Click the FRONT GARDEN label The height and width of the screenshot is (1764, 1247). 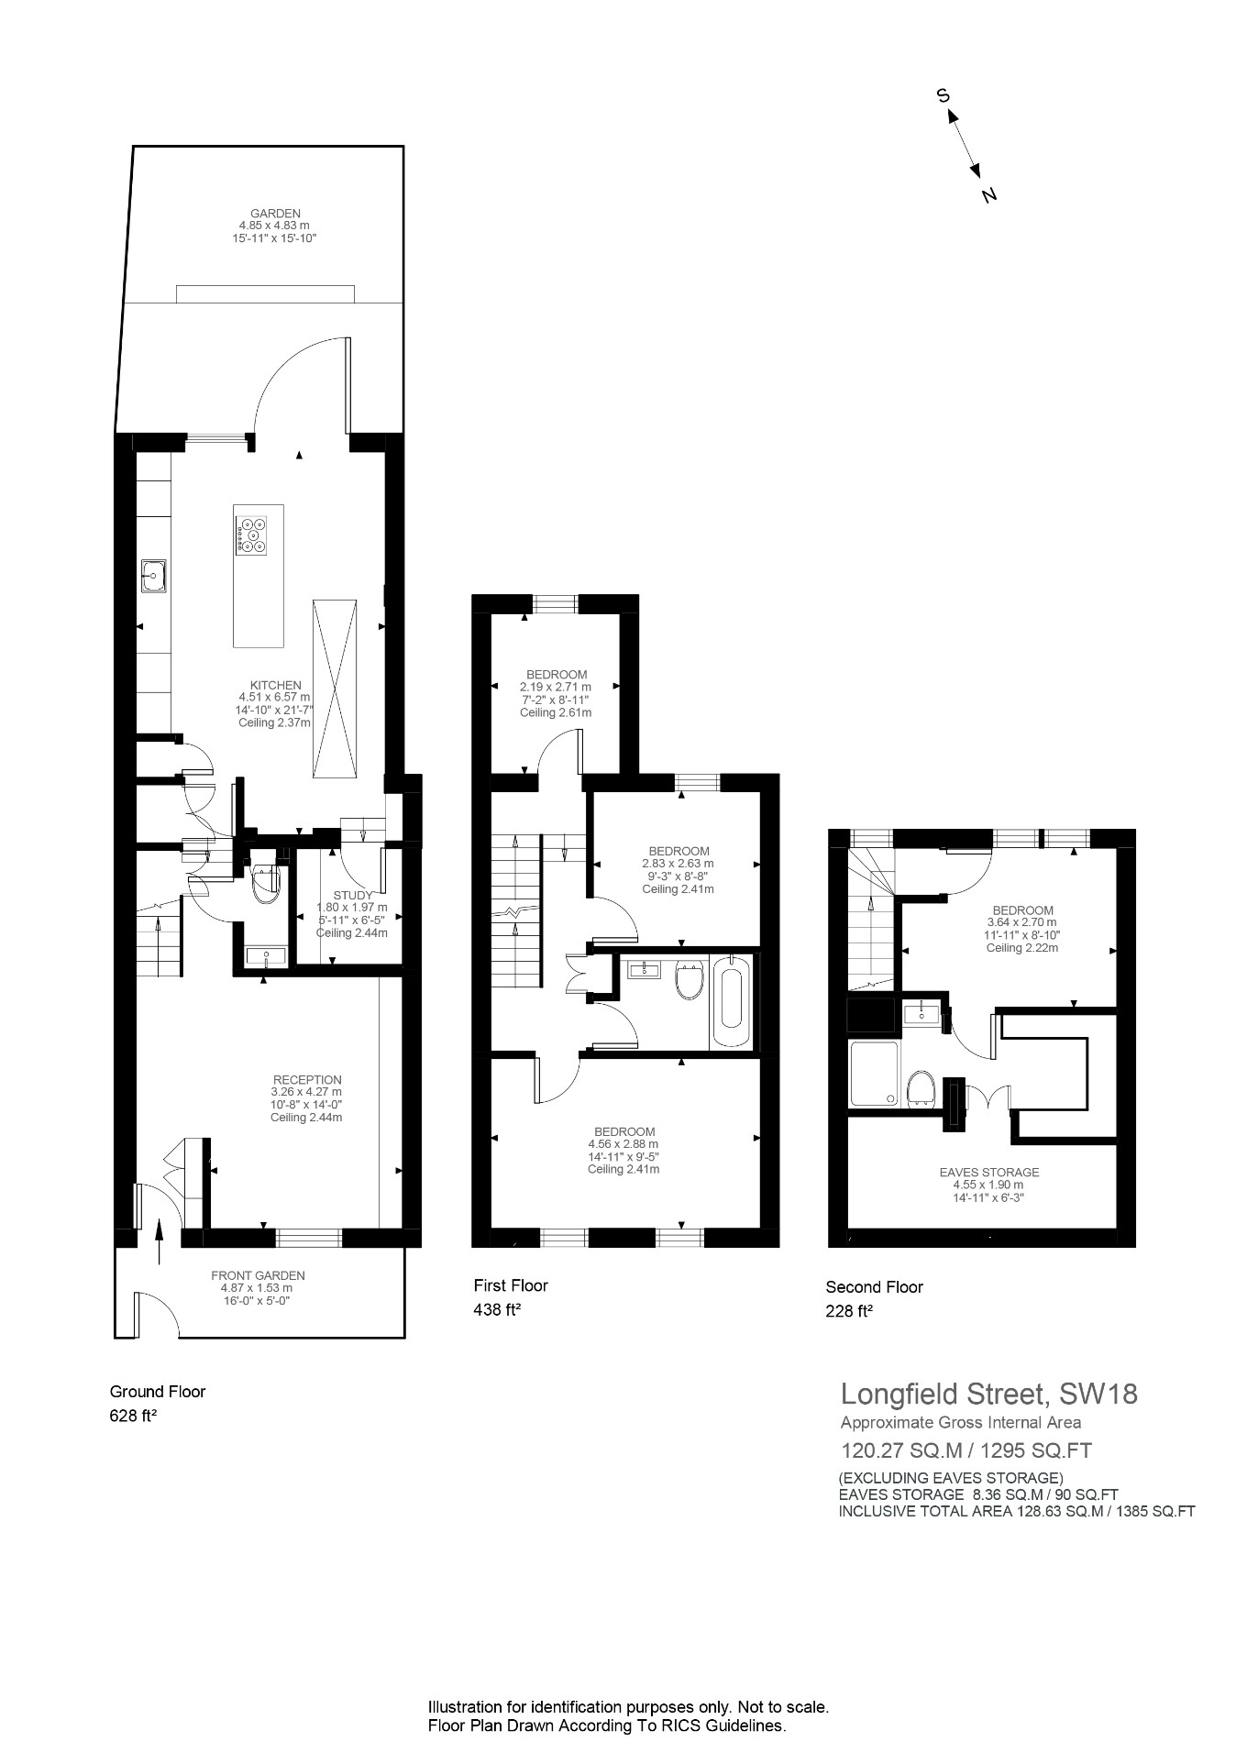point(258,1275)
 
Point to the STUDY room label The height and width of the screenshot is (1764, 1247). point(352,896)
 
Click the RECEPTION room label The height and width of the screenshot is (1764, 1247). point(306,1080)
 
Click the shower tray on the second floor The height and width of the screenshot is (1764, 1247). point(875,1075)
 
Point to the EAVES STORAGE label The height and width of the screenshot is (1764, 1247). point(988,1172)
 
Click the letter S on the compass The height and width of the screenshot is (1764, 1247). point(942,95)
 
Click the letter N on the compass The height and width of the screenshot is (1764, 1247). point(988,195)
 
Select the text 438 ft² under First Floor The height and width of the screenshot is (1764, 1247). point(497,1310)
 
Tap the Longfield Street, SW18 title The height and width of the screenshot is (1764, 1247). point(988,1395)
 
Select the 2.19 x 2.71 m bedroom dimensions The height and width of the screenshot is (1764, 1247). point(555,687)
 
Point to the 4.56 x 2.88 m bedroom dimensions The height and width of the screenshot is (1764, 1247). point(623,1144)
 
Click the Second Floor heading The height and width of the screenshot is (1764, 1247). point(874,1287)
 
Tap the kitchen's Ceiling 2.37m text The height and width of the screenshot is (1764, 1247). point(275,722)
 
